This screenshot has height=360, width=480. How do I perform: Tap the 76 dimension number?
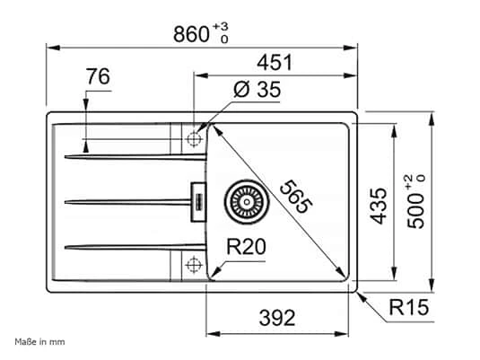pos(98,77)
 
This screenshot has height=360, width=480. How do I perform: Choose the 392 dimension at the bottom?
pos(277,316)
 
